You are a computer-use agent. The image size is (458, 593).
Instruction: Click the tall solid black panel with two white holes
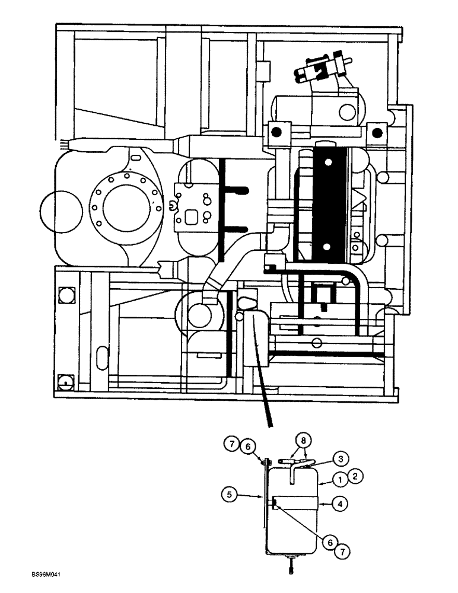(x=327, y=199)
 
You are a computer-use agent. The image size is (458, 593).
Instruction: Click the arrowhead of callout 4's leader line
(x=320, y=504)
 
